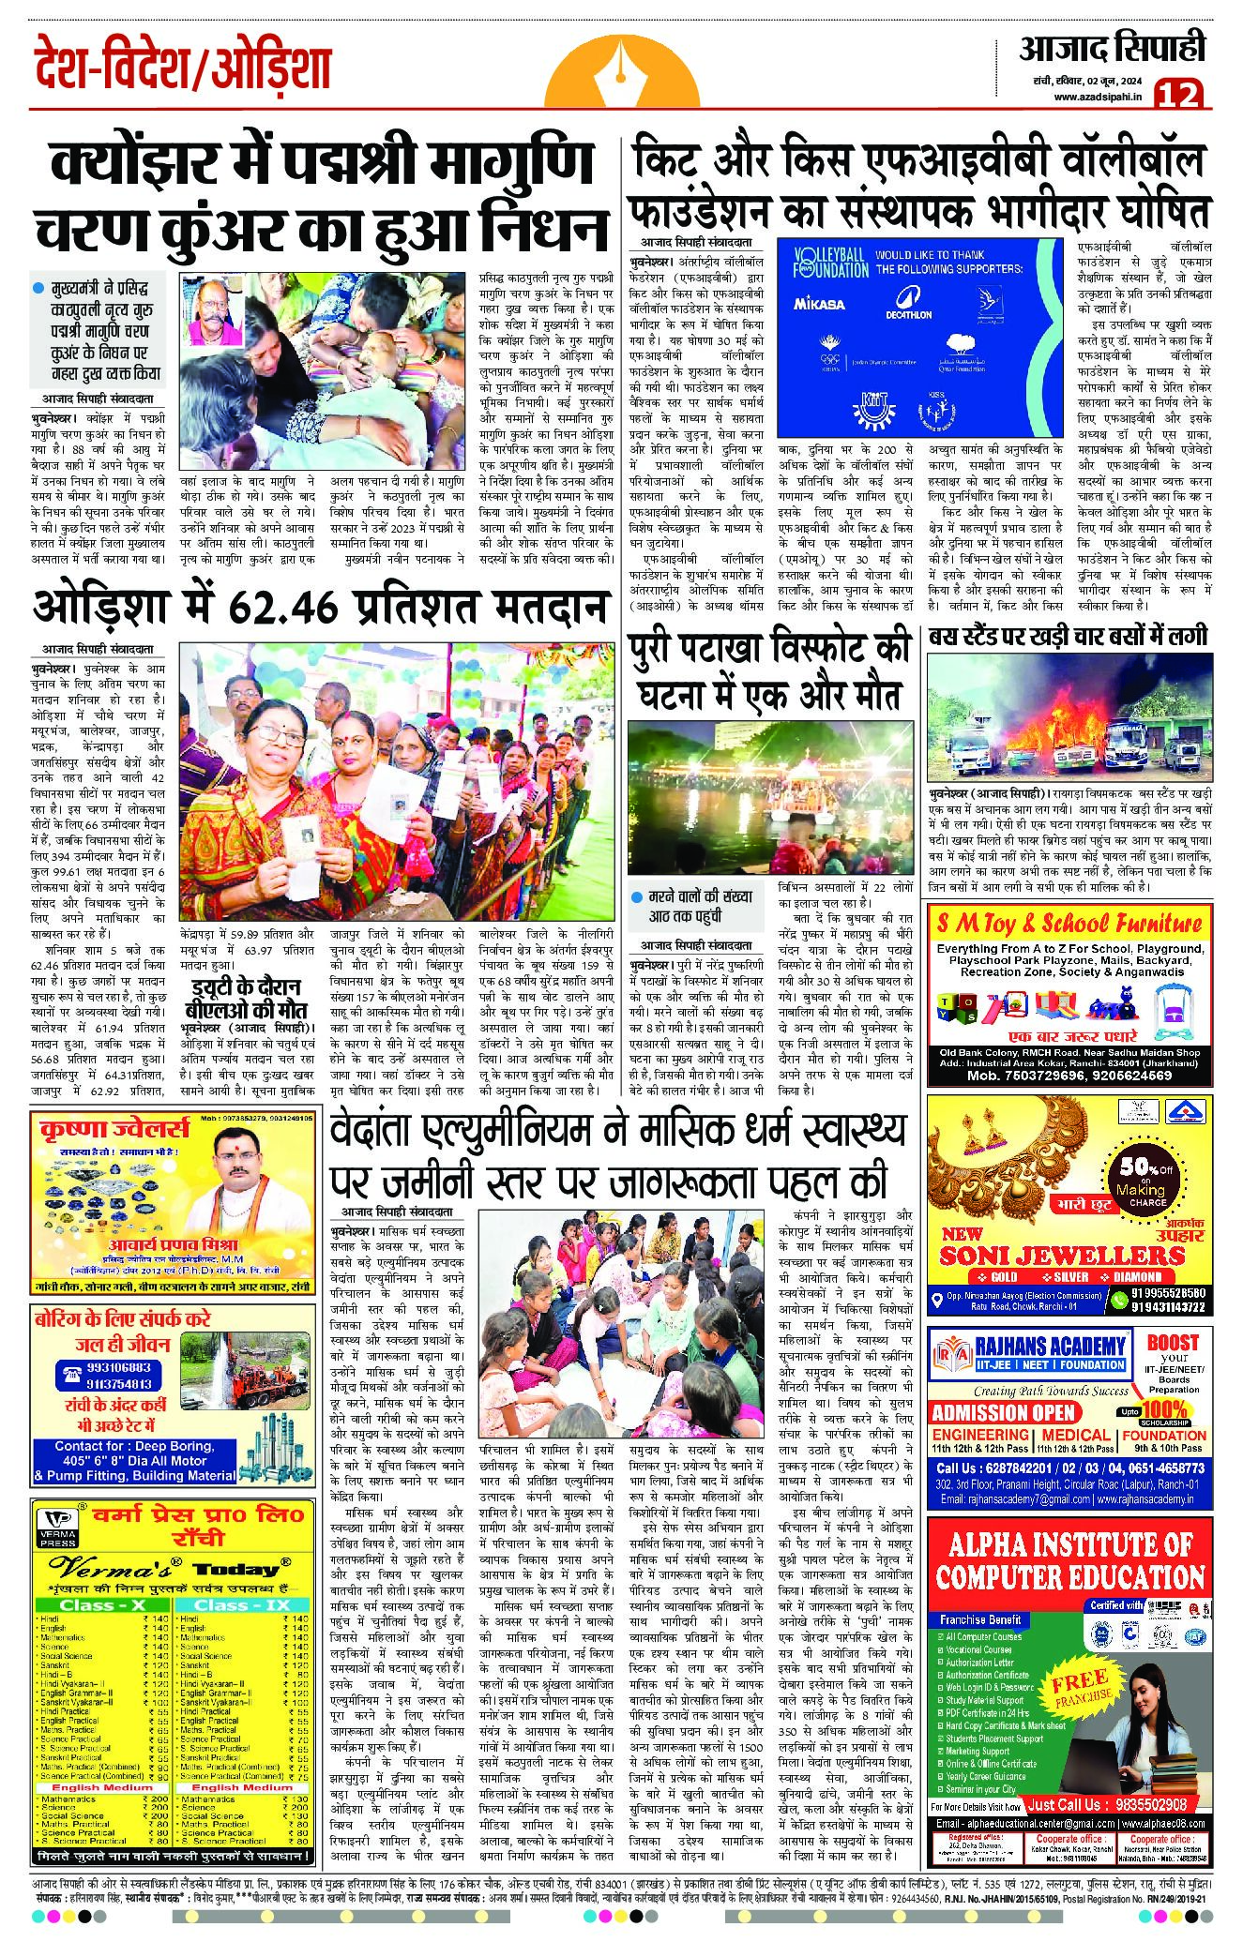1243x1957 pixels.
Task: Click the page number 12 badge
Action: [x=1178, y=95]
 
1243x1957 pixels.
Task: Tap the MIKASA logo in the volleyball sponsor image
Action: [x=819, y=304]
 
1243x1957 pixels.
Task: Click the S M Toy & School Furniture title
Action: [x=1069, y=923]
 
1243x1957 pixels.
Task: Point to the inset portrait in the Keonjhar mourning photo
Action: [x=215, y=313]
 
